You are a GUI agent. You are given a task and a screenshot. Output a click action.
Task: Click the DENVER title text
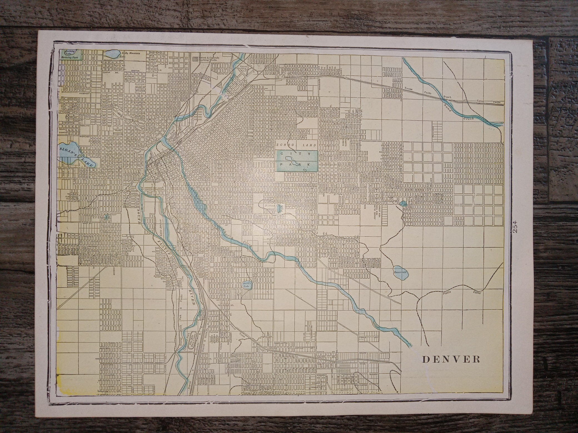451,359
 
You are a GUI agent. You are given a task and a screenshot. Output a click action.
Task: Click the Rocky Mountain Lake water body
112,53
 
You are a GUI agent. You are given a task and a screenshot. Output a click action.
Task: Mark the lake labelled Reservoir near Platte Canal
400,272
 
